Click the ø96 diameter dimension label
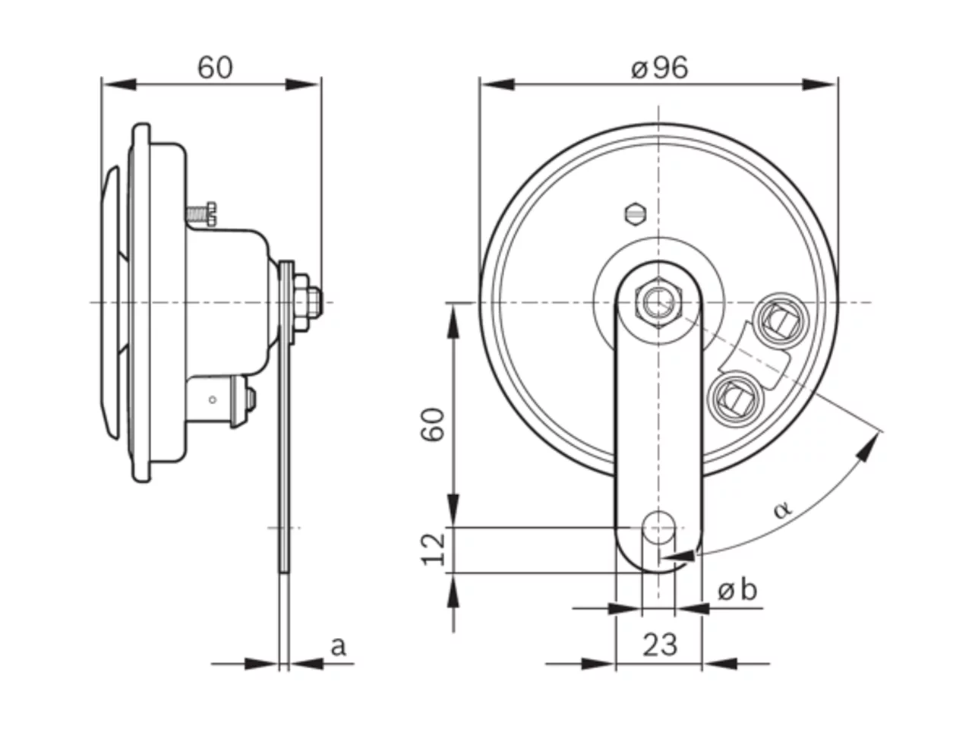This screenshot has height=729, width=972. point(659,68)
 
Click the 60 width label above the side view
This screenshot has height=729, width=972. point(215,68)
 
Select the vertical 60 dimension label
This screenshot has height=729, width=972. point(432,425)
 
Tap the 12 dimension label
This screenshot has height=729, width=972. point(433,550)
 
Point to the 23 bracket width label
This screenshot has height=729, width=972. point(659,645)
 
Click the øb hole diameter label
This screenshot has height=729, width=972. point(737,590)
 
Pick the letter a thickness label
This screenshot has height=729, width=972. point(338,647)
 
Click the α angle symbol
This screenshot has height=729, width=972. point(782,509)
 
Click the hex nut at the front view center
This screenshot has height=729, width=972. point(658,303)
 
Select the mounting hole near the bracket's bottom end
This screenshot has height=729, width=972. point(659,528)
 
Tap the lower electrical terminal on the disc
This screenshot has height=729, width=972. point(734,399)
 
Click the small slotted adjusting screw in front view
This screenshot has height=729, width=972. point(636,215)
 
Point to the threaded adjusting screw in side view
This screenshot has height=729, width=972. point(201,214)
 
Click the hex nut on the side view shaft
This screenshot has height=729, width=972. point(301,303)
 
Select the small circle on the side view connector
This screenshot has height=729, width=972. point(213,399)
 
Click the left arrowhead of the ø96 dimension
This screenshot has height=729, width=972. point(497,84)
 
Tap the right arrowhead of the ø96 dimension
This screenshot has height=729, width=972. point(820,84)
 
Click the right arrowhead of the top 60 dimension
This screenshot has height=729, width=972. point(303,84)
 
